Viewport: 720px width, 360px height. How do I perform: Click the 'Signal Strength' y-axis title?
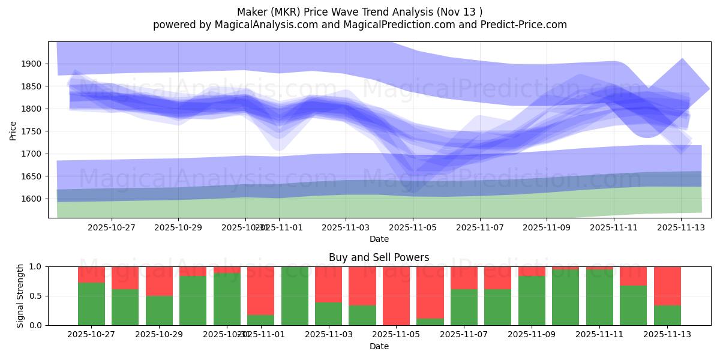tap(20, 296)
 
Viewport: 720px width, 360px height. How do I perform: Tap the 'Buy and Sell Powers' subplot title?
tap(379, 257)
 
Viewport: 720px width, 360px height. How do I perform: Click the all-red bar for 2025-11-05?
tap(396, 296)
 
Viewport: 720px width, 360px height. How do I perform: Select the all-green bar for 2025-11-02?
tap(295, 296)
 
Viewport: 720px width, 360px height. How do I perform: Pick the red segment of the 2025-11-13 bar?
tap(667, 286)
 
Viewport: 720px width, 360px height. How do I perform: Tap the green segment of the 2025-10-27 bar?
tap(91, 304)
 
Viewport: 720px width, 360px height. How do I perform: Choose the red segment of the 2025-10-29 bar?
tap(159, 281)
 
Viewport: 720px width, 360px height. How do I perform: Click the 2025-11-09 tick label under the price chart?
tap(546, 227)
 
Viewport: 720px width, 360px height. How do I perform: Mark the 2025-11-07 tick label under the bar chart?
tap(463, 335)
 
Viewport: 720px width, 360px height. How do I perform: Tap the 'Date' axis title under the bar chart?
tap(379, 346)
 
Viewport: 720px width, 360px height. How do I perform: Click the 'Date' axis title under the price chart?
tap(379, 239)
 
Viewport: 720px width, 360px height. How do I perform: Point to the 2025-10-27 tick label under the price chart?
tap(111, 227)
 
